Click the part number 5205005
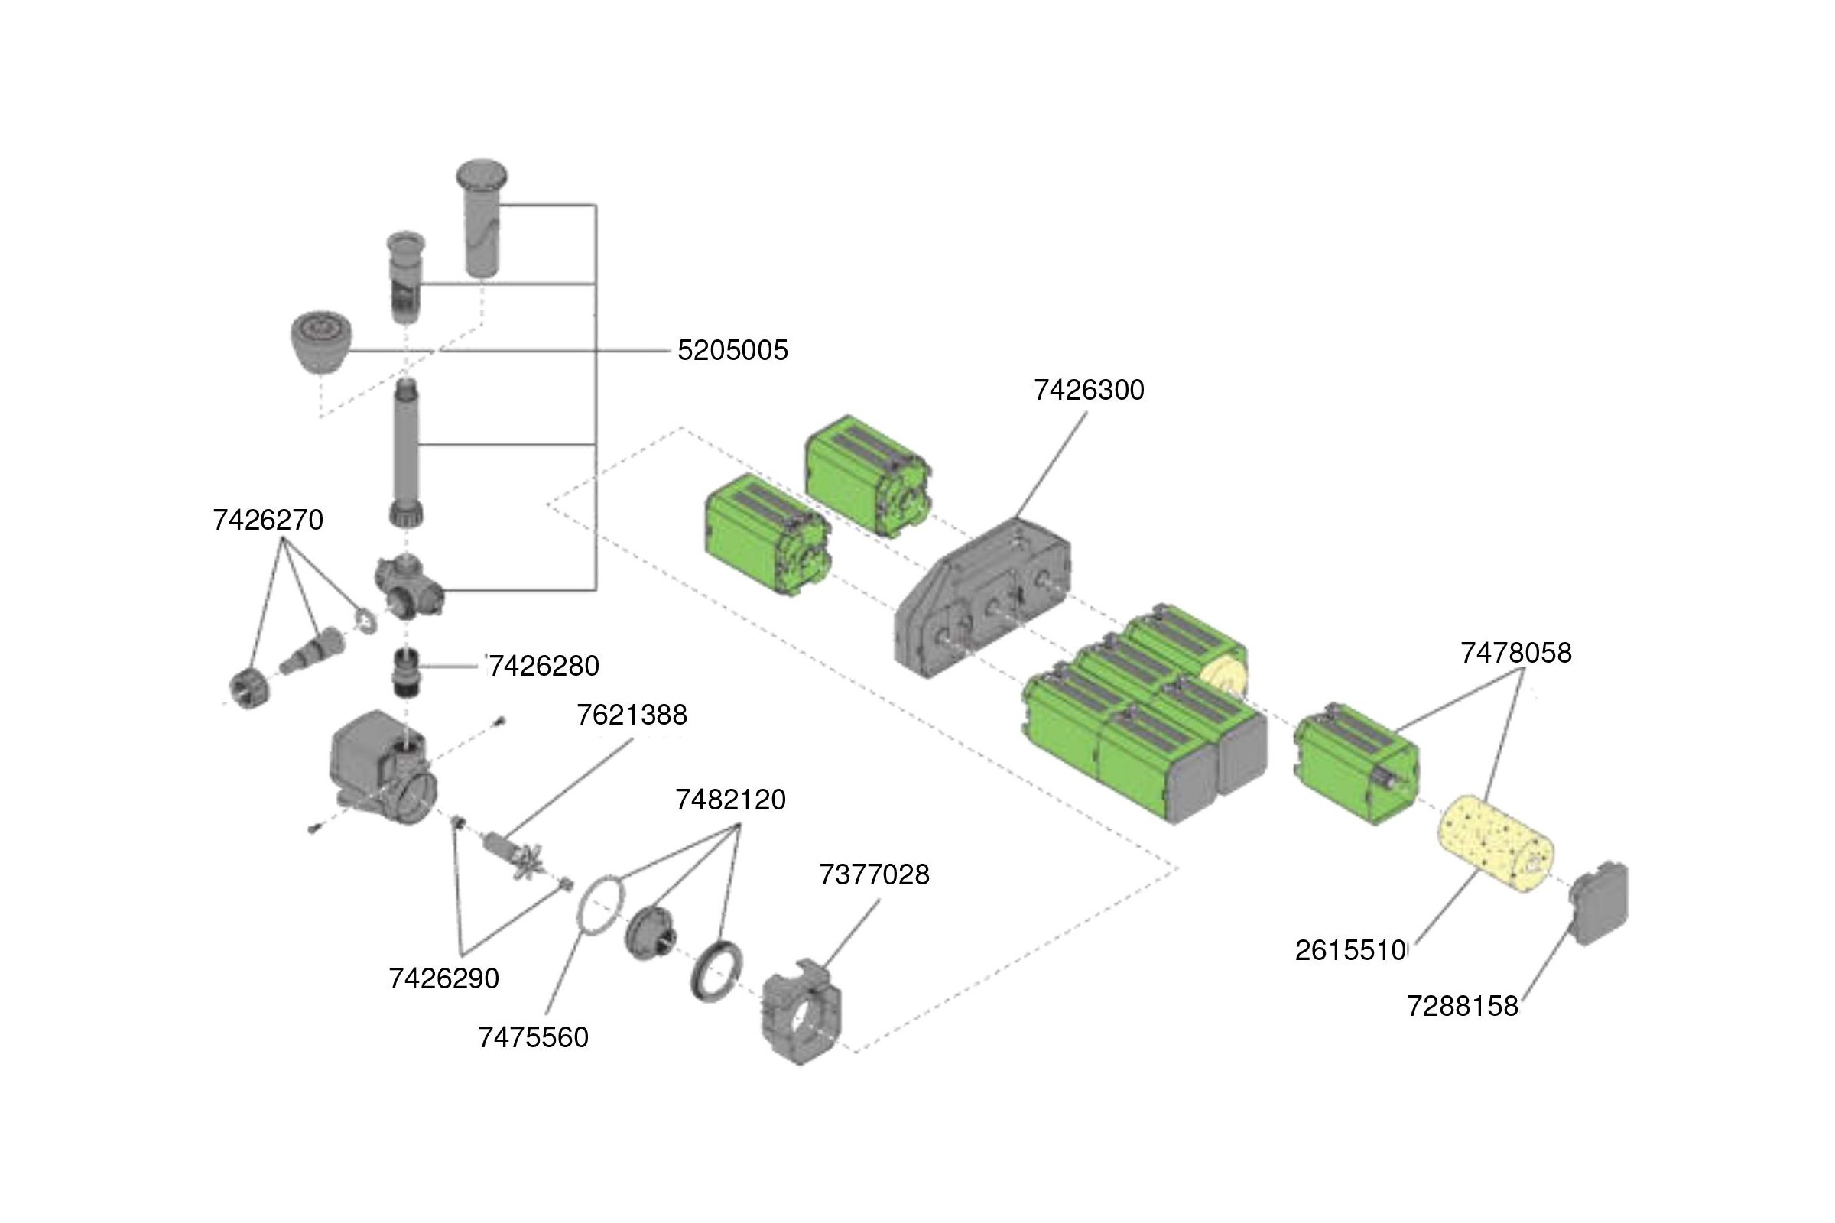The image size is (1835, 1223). click(732, 350)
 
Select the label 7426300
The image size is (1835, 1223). click(1088, 390)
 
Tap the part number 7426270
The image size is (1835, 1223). click(268, 521)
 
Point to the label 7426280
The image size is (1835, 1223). click(544, 666)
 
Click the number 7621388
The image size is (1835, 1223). click(632, 715)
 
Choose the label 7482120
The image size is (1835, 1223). click(730, 800)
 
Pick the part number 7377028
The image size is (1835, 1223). click(874, 875)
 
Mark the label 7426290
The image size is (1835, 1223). click(443, 979)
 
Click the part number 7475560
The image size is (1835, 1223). click(533, 1037)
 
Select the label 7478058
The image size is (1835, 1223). click(1515, 653)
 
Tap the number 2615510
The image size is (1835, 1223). click(1349, 951)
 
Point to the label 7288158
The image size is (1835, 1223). click(1462, 1007)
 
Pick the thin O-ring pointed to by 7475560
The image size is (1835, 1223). click(602, 905)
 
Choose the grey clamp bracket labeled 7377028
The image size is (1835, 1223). click(801, 1014)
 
